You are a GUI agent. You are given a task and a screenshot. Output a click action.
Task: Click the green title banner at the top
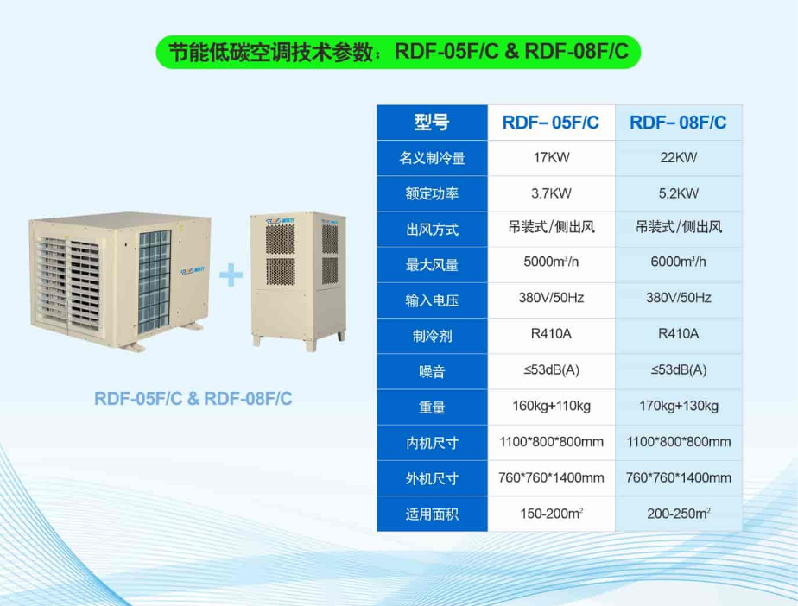tap(398, 53)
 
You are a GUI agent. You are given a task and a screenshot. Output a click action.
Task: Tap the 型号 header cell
tap(432, 123)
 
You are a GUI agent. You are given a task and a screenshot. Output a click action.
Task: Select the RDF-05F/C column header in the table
tap(551, 123)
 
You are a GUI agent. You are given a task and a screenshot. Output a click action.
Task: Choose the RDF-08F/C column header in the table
tap(678, 123)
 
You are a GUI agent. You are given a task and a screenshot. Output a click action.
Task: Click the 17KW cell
tap(551, 158)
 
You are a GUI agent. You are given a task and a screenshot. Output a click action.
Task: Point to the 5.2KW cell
tap(678, 193)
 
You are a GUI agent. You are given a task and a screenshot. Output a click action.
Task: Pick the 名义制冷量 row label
tap(432, 159)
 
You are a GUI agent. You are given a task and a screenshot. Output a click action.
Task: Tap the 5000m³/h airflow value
tap(551, 262)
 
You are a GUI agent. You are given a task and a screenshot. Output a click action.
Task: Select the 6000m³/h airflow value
tap(678, 262)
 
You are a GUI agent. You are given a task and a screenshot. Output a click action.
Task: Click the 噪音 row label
tap(432, 371)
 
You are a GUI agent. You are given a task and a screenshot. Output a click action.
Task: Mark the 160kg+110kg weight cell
tap(551, 406)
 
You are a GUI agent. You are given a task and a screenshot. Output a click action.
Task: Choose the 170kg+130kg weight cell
tap(678, 406)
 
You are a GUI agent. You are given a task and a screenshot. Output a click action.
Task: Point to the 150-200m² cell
tap(551, 514)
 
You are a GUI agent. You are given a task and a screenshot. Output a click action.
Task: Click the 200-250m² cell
tap(678, 514)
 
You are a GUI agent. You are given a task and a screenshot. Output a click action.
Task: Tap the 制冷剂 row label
tap(432, 335)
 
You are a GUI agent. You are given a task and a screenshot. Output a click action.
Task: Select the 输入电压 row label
tap(432, 300)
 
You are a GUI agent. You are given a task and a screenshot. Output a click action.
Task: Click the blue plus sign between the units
tap(231, 276)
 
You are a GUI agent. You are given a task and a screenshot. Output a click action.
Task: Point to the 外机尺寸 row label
tap(432, 478)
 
